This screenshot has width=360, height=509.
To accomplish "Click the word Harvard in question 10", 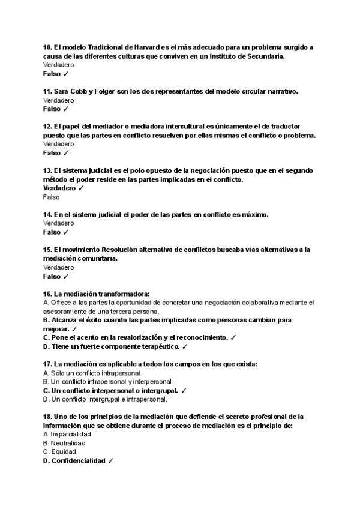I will [142, 47].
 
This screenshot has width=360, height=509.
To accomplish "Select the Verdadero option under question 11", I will [59, 100].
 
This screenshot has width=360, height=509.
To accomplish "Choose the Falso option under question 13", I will [52, 197].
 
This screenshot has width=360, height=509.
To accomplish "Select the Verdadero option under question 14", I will [59, 223].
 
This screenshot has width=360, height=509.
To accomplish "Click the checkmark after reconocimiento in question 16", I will [233, 337].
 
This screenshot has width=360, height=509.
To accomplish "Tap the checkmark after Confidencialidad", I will [111, 460].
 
